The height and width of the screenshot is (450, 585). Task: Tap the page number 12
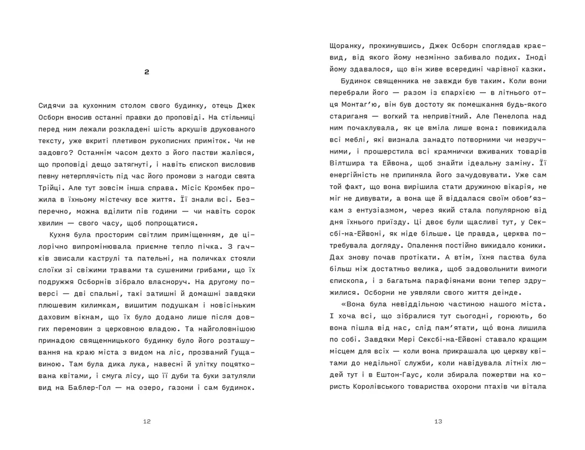coord(147,422)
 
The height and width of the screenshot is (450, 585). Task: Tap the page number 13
coord(438,422)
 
